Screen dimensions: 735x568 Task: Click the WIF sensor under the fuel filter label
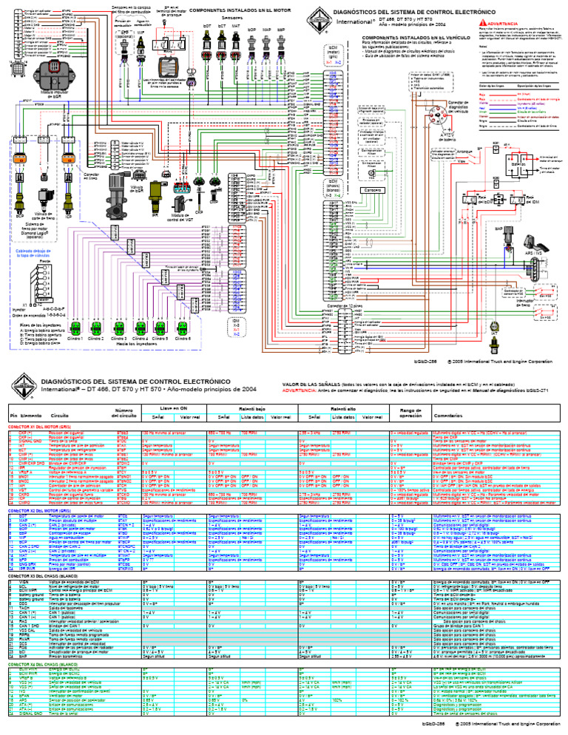pos(161,44)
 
